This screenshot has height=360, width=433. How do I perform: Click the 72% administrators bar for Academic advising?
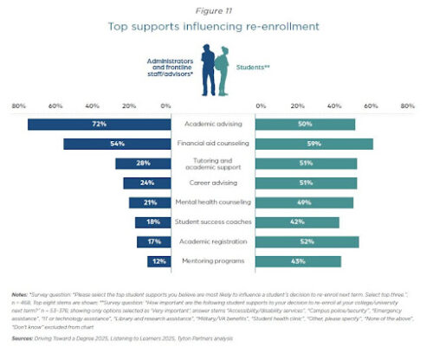point(100,125)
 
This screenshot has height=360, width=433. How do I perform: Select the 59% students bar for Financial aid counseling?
point(316,144)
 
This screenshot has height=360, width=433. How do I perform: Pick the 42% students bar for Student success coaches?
point(300,222)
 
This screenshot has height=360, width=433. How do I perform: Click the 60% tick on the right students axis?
point(371,106)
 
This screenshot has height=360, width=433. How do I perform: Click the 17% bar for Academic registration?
point(151,241)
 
